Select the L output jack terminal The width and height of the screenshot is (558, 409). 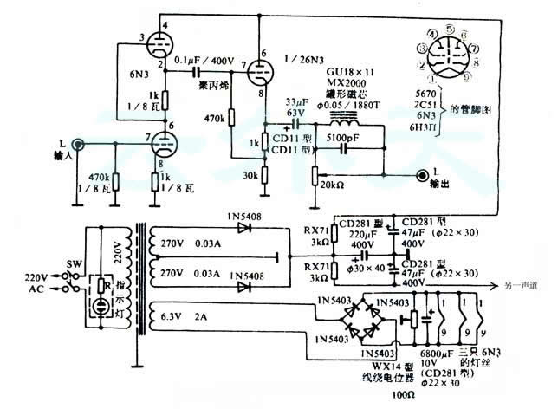coord(422,175)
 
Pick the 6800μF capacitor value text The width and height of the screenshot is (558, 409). coord(436,354)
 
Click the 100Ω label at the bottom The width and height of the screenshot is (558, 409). coord(400,394)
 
